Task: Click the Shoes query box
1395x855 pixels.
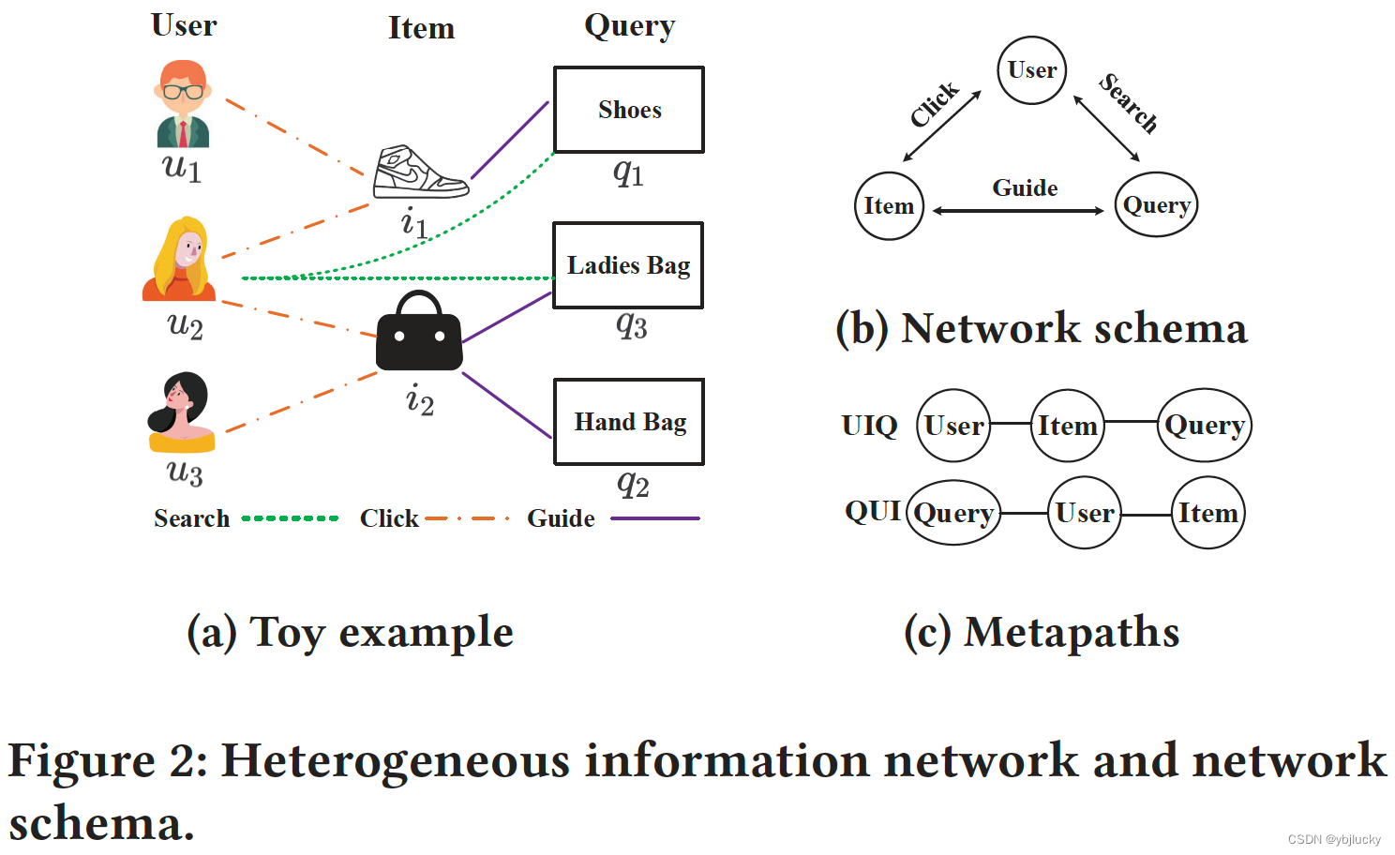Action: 629,110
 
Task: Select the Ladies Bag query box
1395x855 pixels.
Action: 628,265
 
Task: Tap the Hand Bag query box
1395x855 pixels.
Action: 629,422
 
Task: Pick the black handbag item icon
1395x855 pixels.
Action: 419,333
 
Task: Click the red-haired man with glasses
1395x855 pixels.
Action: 183,104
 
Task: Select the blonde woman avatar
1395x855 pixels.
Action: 180,260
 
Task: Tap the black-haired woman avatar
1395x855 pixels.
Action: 182,412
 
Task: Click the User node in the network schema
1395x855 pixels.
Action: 1031,70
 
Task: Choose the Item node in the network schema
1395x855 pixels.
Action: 889,205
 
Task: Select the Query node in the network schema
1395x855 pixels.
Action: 1156,204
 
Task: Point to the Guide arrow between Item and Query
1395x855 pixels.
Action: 1018,211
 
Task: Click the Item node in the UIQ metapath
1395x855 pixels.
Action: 1067,426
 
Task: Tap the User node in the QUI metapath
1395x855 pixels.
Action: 1085,513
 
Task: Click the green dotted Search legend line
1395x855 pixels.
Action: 290,518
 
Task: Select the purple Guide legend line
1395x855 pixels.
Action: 654,518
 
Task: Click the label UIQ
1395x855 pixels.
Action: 869,426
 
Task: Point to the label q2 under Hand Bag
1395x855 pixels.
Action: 633,484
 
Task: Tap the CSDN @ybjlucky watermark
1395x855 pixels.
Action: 1333,839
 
